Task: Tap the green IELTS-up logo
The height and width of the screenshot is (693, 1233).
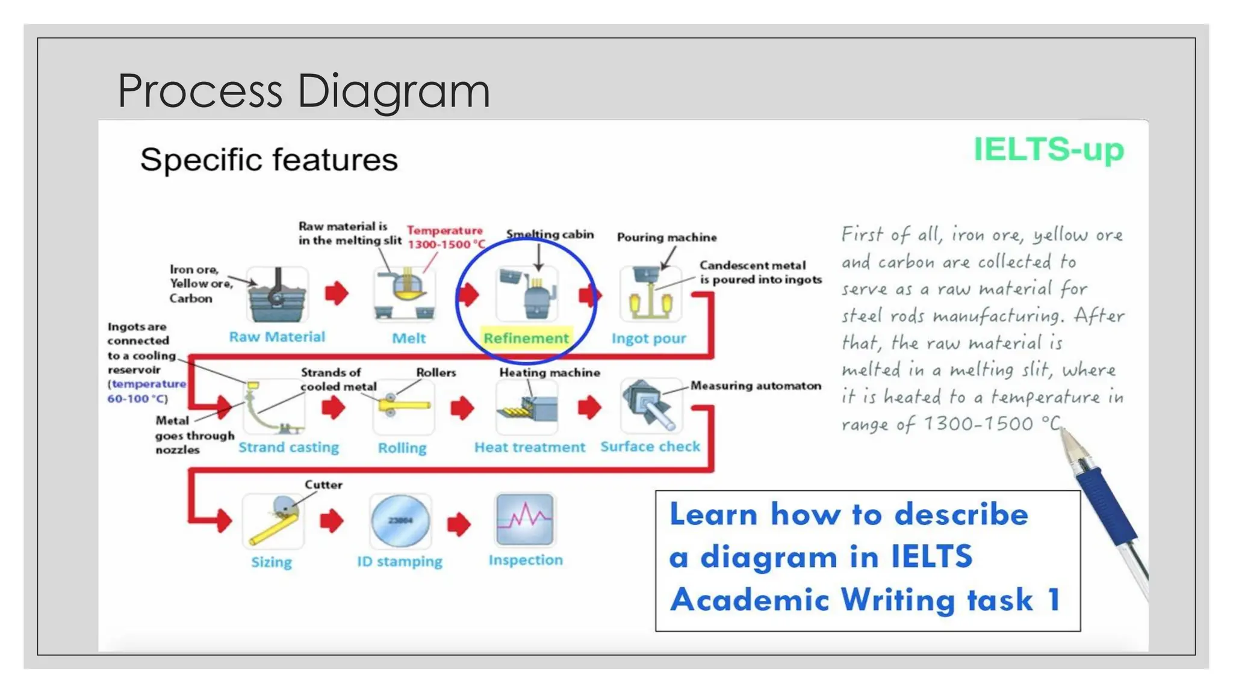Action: (x=1048, y=149)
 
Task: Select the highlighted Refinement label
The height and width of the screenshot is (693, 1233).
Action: (x=526, y=338)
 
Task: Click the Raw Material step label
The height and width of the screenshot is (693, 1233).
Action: (x=276, y=337)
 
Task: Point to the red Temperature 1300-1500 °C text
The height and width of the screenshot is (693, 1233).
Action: (x=445, y=238)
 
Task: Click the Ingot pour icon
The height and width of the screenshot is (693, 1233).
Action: (x=650, y=295)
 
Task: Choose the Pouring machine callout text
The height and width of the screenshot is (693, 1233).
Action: (x=666, y=237)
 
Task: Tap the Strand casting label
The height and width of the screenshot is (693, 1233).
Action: (x=288, y=448)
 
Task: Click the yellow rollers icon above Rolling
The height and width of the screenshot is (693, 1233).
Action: (x=403, y=405)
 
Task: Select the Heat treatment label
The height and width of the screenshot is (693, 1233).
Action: (x=529, y=448)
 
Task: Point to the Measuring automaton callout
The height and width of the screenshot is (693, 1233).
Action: (x=756, y=386)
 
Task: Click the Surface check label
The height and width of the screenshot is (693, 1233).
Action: (x=650, y=447)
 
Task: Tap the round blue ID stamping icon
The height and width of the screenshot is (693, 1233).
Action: (x=400, y=520)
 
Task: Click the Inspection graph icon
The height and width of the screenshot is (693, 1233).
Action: (x=524, y=519)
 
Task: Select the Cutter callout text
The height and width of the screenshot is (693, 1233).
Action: (x=323, y=485)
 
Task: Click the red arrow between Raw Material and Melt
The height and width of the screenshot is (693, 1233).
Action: (x=337, y=294)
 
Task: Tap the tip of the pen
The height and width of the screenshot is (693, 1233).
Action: (x=1063, y=430)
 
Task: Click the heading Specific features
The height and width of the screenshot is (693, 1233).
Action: (x=269, y=160)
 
